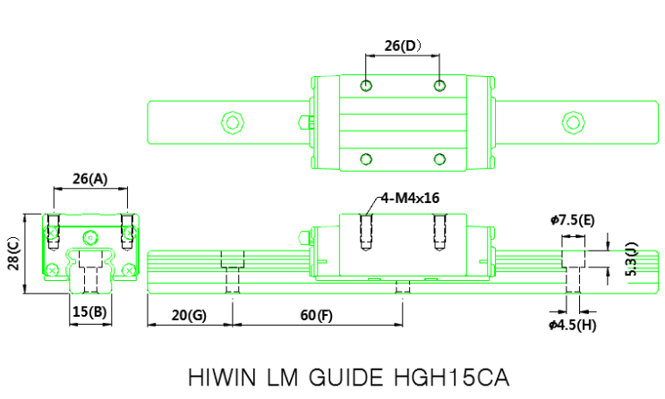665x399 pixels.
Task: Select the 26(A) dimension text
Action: coord(89,179)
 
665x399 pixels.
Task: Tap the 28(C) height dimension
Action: coord(13,252)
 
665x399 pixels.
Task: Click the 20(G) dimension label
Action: coord(189,316)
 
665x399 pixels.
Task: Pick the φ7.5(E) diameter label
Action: coord(573,219)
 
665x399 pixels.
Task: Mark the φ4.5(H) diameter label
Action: coord(573,325)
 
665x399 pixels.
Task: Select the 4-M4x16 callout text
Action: coord(410,198)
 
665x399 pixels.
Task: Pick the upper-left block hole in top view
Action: coord(365,85)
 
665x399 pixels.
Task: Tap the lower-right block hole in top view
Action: coord(439,159)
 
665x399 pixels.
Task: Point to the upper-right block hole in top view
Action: coord(439,85)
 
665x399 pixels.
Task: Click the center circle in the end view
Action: coord(89,236)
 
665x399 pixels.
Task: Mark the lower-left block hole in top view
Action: coord(365,159)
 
